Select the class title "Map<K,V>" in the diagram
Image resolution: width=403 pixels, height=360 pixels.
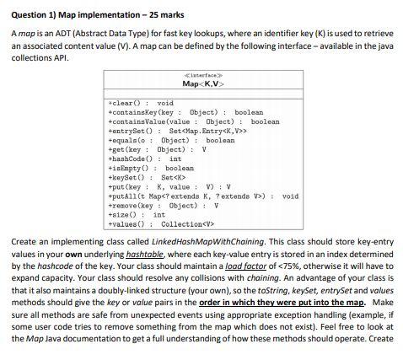point(201,83)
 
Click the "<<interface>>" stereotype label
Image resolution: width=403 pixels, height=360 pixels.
point(201,75)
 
